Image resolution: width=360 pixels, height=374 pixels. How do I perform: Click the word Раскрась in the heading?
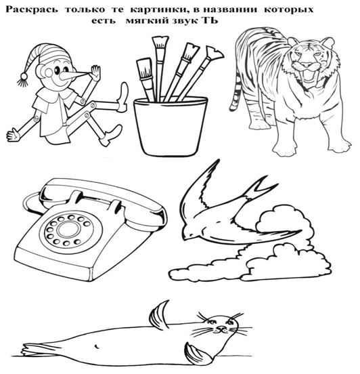click(32, 9)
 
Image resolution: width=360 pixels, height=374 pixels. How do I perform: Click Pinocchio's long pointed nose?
click(74, 76)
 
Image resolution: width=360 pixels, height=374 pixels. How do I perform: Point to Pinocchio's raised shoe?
click(123, 97)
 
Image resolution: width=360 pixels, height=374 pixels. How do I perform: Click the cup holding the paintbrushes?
click(170, 126)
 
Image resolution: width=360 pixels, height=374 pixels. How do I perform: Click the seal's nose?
click(222, 329)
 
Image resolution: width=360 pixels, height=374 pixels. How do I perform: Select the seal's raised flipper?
click(159, 315)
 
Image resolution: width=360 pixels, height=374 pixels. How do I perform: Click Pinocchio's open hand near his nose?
click(95, 73)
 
